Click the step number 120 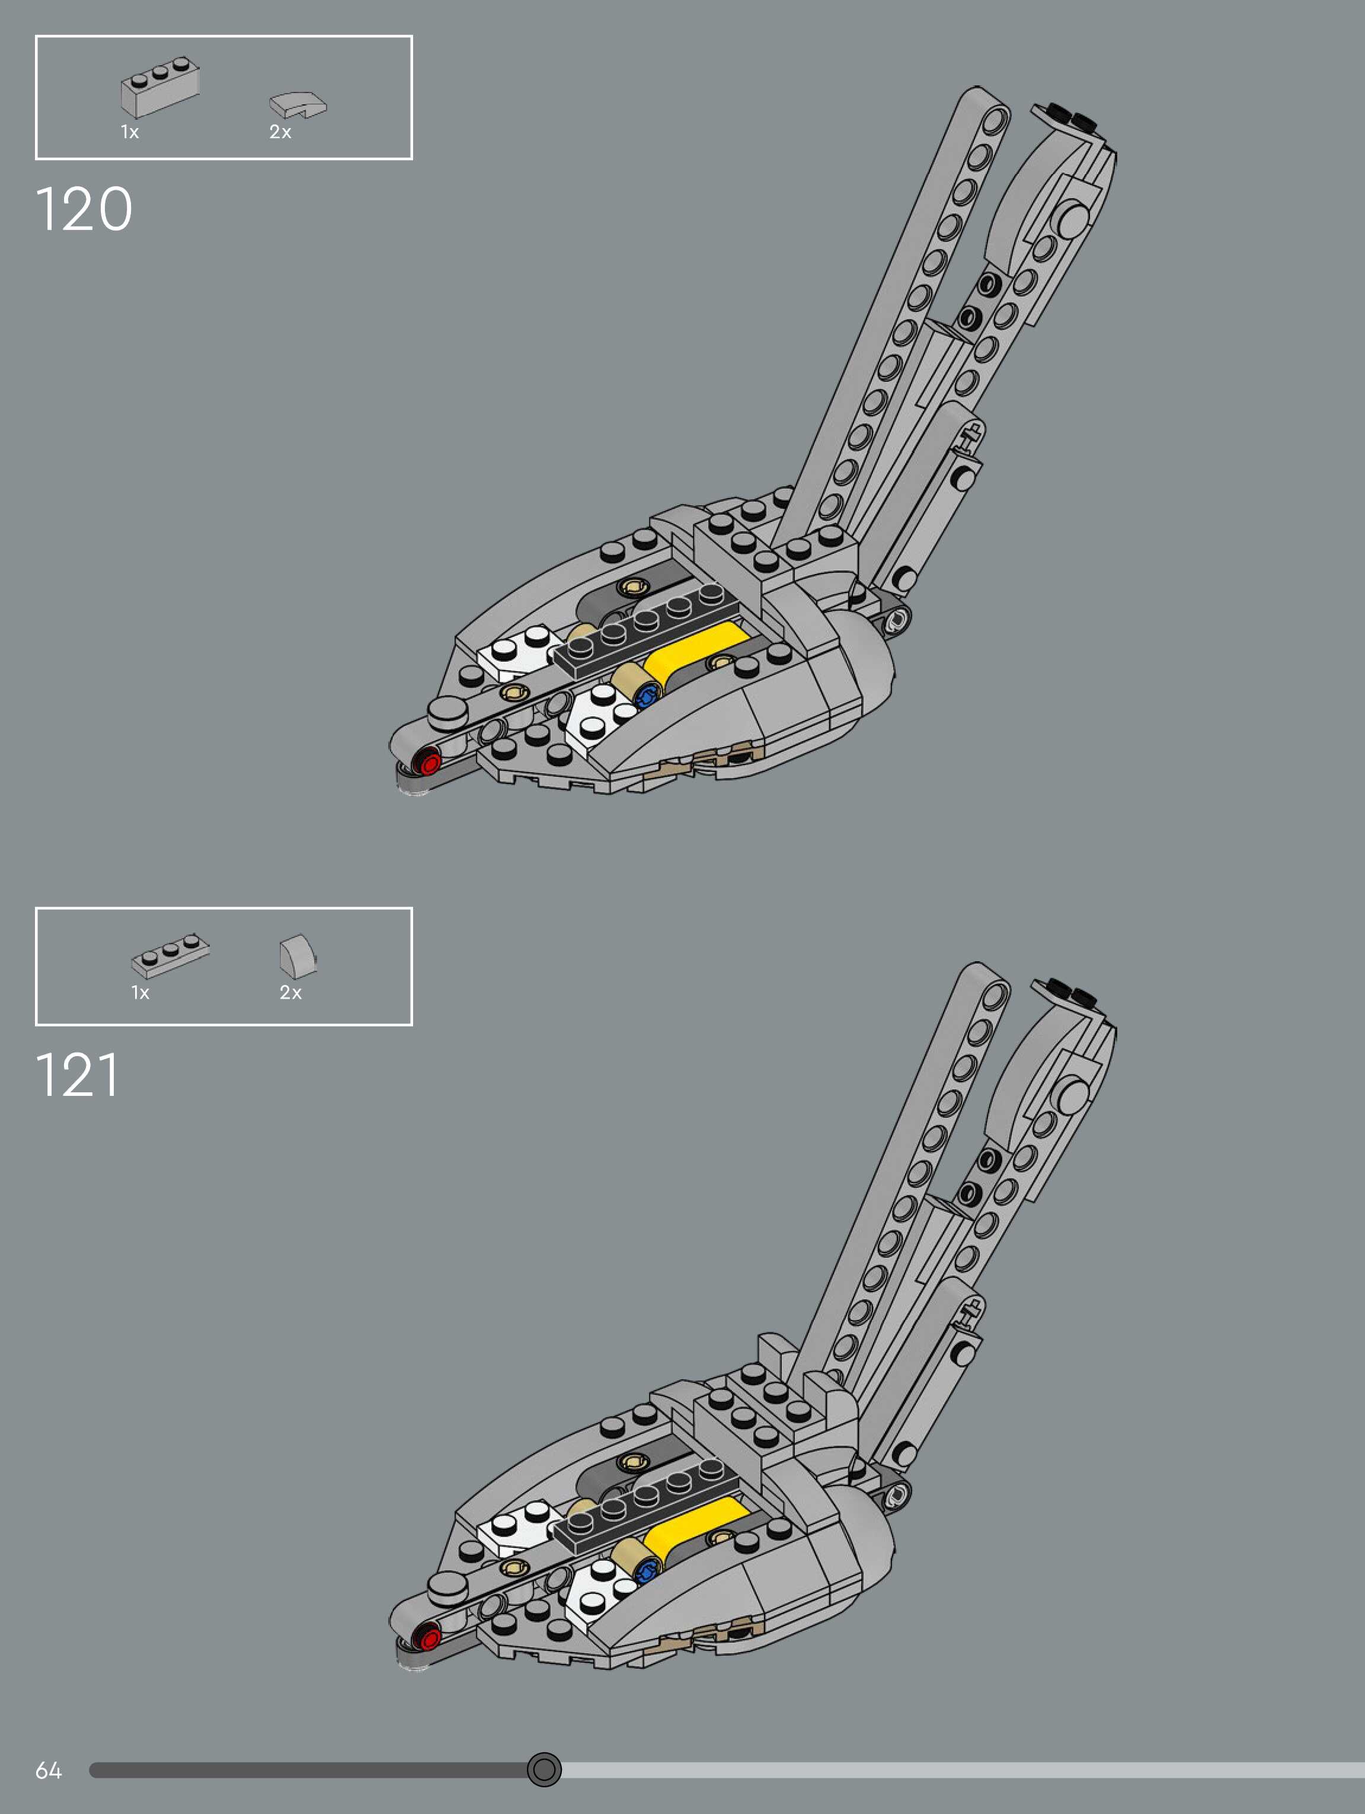tap(84, 209)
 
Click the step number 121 tap(78, 1075)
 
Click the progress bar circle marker tap(544, 1770)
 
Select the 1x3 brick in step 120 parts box tap(160, 88)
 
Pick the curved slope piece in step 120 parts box tap(298, 105)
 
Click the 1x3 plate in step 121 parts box tap(170, 955)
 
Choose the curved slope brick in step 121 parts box tap(298, 956)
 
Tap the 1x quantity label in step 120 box tap(130, 132)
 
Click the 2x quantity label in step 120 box tap(280, 132)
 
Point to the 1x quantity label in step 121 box tap(140, 993)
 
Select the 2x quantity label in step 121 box tap(290, 993)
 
